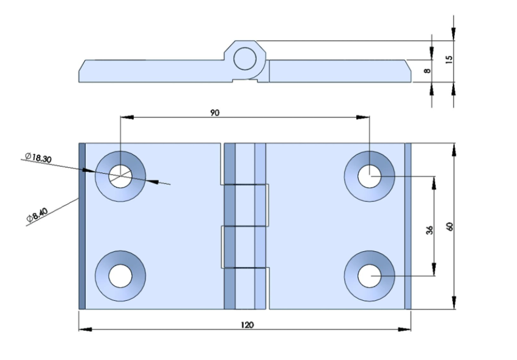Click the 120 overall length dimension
pos(248,325)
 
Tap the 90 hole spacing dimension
pos(215,112)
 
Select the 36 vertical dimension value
pos(429,230)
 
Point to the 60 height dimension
pos(449,227)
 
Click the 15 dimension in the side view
pos(449,59)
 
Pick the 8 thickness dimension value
pos(427,70)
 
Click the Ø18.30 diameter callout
pos(38,158)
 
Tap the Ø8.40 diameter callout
pos(37,215)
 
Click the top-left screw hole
pos(120,177)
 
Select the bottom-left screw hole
pos(120,276)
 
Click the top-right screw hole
pos(369,177)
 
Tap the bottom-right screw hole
pos(369,276)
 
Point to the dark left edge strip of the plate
pos(82,226)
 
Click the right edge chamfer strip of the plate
pos(408,226)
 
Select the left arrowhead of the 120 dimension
pos(86,329)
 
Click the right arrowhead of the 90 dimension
pos(363,117)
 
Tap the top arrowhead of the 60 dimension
pos(454,149)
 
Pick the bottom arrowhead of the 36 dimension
pos(434,270)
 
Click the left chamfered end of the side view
pos(82,71)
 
